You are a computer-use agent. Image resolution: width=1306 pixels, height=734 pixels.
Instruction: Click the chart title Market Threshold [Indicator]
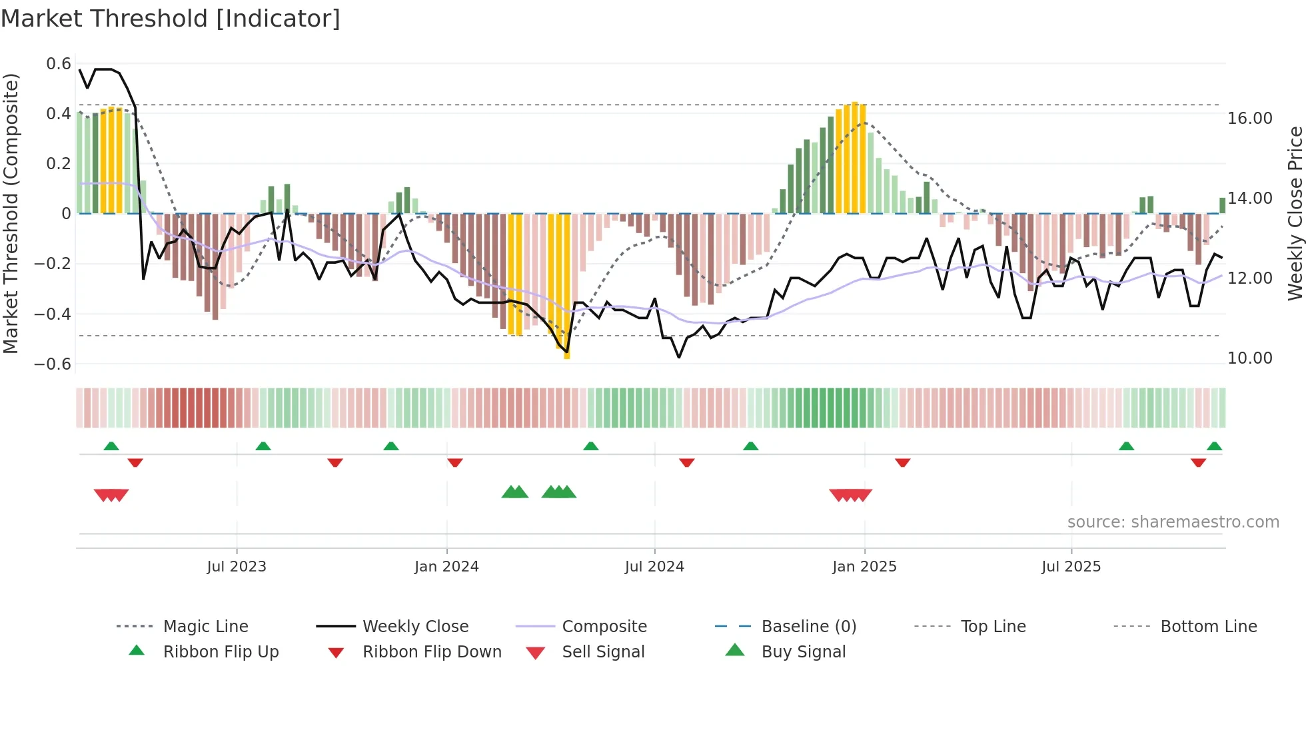pyautogui.click(x=171, y=19)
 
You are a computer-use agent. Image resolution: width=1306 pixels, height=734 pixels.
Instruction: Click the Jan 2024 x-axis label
pyautogui.click(x=446, y=567)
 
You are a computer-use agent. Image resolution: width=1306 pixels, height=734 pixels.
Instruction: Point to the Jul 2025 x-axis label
pyautogui.click(x=1071, y=567)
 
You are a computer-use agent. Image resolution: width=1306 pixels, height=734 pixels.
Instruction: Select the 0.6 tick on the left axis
pyautogui.click(x=59, y=64)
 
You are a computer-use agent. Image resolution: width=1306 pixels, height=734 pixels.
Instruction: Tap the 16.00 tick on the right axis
pyautogui.click(x=1250, y=119)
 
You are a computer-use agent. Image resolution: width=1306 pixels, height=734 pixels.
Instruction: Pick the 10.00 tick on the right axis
pyautogui.click(x=1250, y=358)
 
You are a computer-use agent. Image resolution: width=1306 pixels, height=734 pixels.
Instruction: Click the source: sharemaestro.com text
pyautogui.click(x=1173, y=522)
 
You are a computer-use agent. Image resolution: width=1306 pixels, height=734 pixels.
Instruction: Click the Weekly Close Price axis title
pyautogui.click(x=1295, y=213)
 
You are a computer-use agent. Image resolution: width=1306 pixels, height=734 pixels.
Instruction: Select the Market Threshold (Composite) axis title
pyautogui.click(x=11, y=213)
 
